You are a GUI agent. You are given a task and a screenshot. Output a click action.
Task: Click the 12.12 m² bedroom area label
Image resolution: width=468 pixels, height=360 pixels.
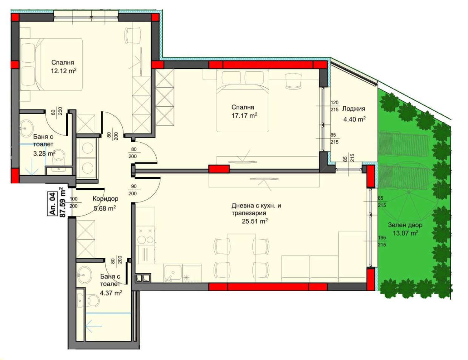pyautogui.click(x=64, y=71)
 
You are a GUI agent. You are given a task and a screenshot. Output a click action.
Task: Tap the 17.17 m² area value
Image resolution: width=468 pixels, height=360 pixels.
pyautogui.click(x=244, y=116)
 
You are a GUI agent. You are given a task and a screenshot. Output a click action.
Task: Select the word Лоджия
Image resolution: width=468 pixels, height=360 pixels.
pyautogui.click(x=353, y=109)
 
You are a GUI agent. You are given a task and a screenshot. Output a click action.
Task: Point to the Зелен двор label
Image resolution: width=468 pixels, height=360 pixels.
pyautogui.click(x=405, y=225)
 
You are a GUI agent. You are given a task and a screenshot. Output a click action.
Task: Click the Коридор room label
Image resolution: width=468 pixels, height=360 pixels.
pyautogui.click(x=105, y=198)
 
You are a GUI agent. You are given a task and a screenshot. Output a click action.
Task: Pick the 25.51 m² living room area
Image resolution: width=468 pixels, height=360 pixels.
pyautogui.click(x=255, y=221)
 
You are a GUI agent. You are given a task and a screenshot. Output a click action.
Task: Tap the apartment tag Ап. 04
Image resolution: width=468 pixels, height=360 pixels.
pyautogui.click(x=52, y=203)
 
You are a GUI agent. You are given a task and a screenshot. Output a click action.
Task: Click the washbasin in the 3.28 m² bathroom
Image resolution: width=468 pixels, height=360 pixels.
pyautogui.click(x=26, y=129)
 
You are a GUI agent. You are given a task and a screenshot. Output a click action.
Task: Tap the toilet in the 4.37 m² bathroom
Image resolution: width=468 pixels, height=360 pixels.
pyautogui.click(x=94, y=300)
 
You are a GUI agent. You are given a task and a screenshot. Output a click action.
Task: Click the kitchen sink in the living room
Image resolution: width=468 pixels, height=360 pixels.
pyautogui.click(x=173, y=273)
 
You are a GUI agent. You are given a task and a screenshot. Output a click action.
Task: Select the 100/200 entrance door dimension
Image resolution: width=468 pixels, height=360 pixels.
pyautogui.click(x=74, y=202)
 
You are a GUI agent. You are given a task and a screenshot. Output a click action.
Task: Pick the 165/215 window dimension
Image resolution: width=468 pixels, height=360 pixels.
pyautogui.click(x=382, y=241)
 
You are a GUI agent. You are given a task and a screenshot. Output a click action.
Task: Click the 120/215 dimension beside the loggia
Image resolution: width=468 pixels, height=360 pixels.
pyautogui.click(x=334, y=106)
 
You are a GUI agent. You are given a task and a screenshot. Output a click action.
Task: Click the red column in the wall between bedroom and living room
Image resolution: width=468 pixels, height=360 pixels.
pyautogui.click(x=219, y=169)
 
